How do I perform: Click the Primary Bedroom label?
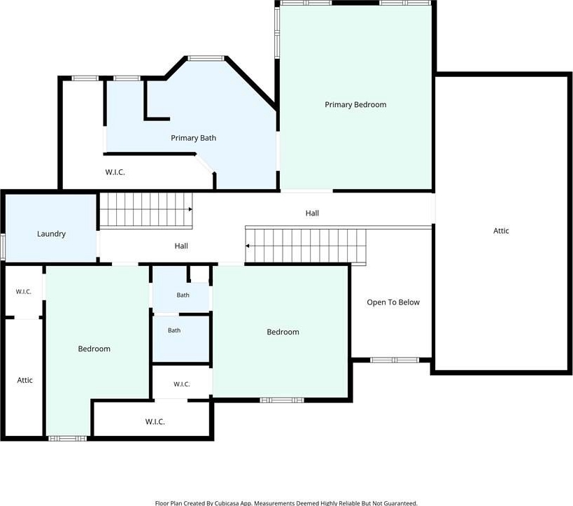[355, 104]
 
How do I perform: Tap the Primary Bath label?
[193, 138]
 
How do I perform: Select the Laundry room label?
[51, 234]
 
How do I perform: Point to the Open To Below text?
[393, 302]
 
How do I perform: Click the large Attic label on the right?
[501, 231]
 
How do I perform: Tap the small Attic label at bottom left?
[25, 380]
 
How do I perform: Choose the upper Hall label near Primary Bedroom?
[312, 213]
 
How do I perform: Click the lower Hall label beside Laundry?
[181, 246]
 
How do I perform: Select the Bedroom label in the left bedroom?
[94, 349]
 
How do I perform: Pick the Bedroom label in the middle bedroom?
[283, 332]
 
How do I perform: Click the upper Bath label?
[183, 295]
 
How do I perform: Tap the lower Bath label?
[174, 330]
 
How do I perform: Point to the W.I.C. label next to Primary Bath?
[115, 172]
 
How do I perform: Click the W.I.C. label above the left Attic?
[23, 292]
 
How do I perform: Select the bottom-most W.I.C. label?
[155, 422]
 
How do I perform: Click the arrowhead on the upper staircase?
[190, 209]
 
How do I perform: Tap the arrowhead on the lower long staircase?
[248, 246]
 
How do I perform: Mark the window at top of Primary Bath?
[206, 58]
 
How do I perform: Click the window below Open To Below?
[395, 360]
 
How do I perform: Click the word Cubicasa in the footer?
[227, 503]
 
